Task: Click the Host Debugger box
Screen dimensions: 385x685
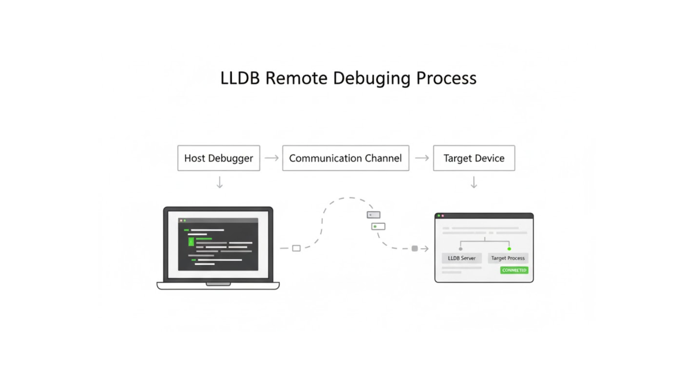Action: [218, 158]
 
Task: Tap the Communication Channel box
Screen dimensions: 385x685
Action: [345, 158]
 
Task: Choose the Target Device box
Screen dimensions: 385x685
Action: [474, 158]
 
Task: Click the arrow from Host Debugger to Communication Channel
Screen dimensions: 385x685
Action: [271, 158]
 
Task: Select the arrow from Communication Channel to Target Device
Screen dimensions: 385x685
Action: [422, 158]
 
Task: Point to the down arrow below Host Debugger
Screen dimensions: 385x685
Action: [219, 182]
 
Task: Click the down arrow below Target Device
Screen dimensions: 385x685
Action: [474, 182]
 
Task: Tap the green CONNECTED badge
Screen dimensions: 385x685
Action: [514, 270]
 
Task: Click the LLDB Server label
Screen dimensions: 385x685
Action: [461, 258]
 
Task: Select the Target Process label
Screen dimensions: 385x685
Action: [508, 258]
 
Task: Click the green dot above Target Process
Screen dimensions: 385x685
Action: [509, 249]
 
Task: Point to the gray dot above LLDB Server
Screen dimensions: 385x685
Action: [461, 249]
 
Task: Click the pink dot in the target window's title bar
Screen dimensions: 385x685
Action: [443, 216]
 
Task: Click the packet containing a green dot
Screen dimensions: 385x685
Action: [378, 227]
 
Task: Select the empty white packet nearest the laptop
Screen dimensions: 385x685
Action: [296, 248]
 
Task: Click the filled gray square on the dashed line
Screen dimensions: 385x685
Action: [414, 249]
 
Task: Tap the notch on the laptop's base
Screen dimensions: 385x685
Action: [218, 284]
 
